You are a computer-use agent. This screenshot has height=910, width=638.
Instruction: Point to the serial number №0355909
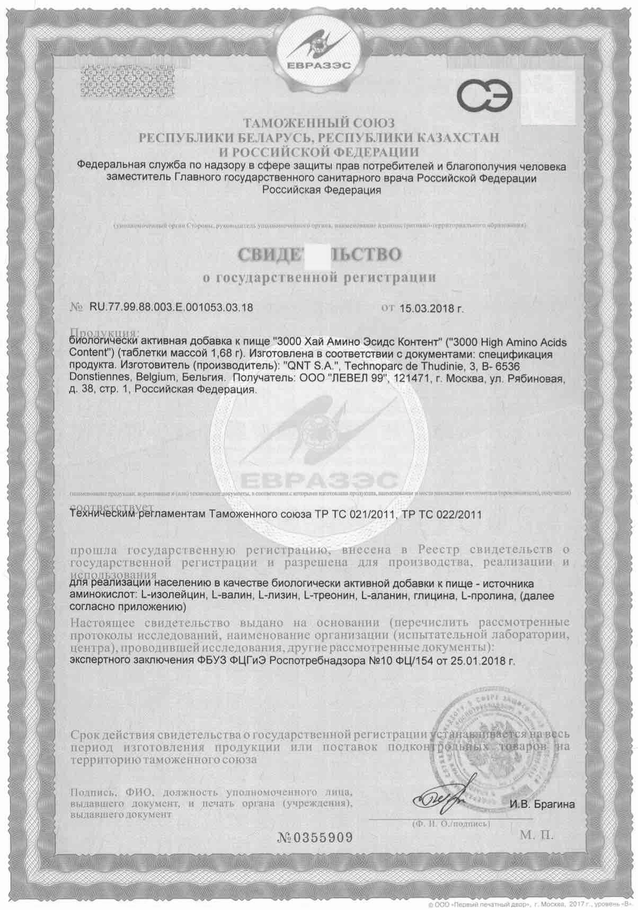point(314,837)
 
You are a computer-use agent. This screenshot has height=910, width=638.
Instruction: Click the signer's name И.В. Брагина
point(542,805)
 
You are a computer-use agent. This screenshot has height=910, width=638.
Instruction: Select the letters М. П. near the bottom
point(536,836)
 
